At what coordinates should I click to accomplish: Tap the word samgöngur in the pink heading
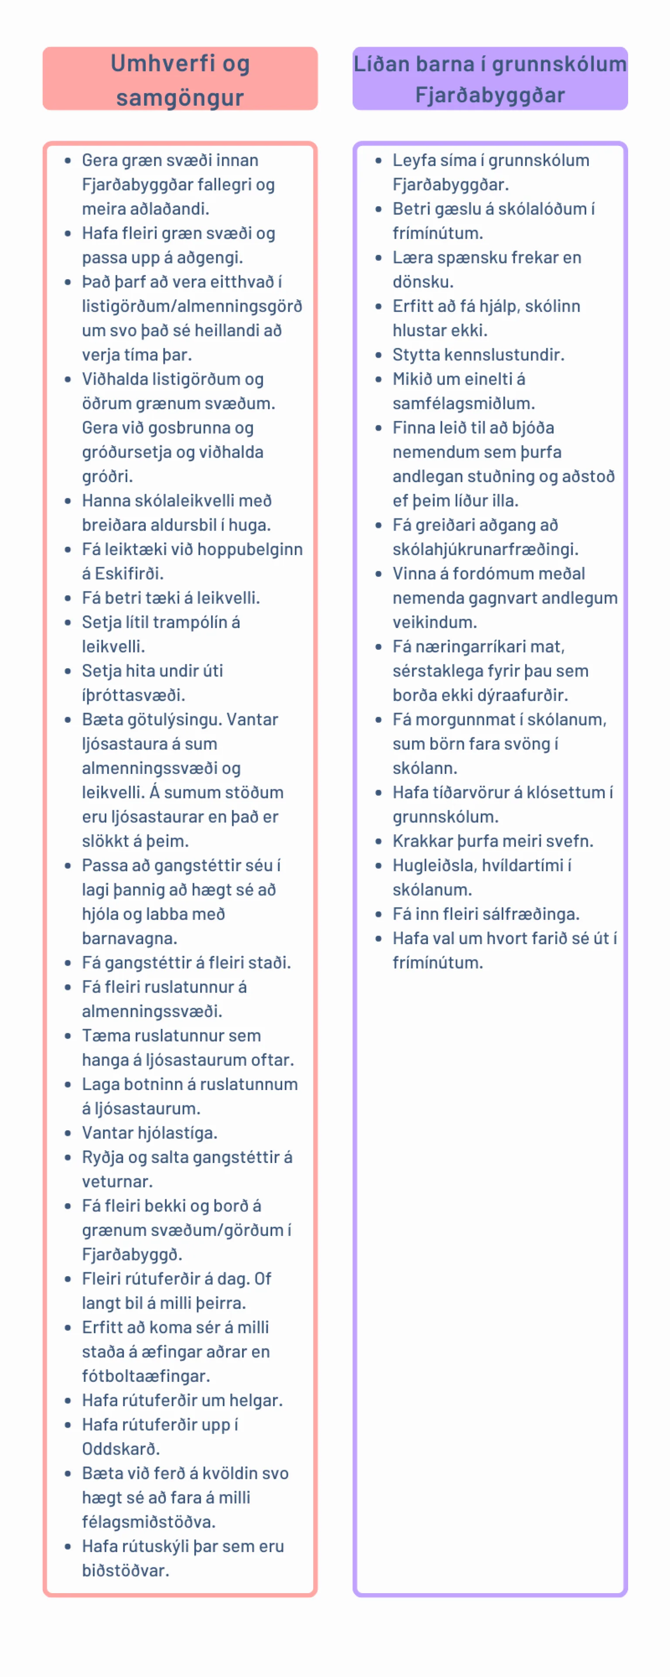click(x=180, y=98)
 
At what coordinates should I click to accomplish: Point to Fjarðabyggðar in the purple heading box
click(x=490, y=95)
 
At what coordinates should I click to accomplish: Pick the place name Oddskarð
click(x=120, y=1449)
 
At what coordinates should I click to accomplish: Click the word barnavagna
click(x=129, y=938)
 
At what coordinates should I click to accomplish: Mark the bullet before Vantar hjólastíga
click(x=68, y=1133)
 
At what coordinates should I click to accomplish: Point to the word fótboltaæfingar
click(x=146, y=1376)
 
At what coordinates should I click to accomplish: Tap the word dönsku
click(x=422, y=282)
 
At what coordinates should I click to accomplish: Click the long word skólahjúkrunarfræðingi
click(x=485, y=549)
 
